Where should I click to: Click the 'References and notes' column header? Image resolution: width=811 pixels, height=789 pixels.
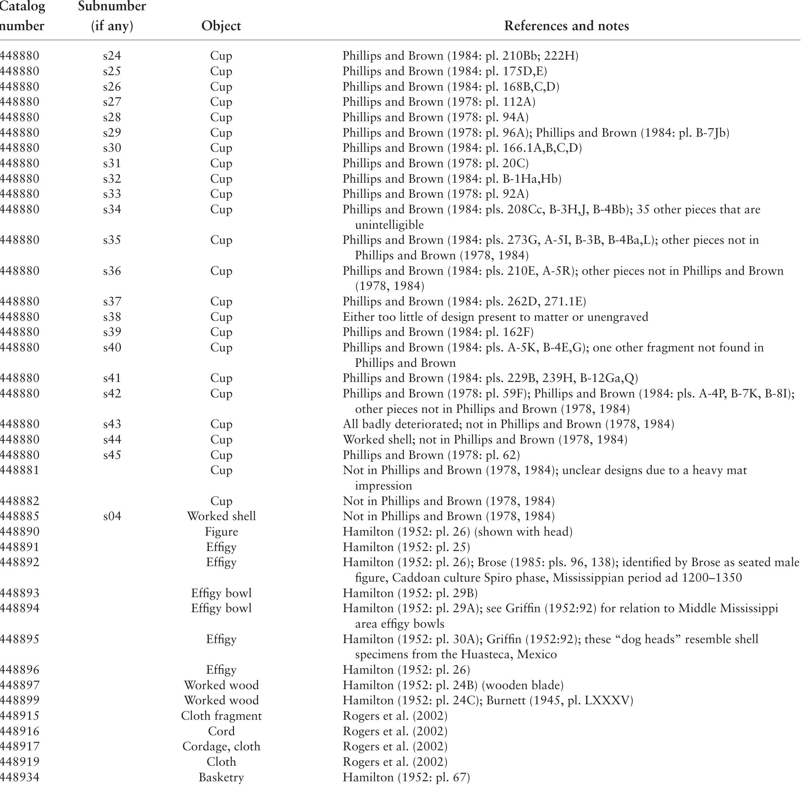(566, 26)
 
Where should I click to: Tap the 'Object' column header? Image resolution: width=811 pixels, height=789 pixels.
(221, 26)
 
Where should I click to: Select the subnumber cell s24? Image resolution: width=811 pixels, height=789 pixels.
(112, 56)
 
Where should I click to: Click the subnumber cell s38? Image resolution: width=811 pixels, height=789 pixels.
(112, 317)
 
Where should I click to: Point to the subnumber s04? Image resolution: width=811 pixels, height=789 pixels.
(112, 516)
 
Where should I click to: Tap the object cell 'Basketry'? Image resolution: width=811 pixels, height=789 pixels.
(221, 777)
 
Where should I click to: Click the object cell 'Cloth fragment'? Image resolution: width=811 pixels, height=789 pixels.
(221, 716)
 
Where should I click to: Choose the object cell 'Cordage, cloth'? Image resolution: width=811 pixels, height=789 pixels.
(221, 747)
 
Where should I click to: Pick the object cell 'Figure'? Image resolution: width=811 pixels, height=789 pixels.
(221, 532)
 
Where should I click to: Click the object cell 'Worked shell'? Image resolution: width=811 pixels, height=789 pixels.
(221, 516)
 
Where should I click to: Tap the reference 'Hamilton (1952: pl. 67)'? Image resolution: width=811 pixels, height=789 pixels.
(406, 777)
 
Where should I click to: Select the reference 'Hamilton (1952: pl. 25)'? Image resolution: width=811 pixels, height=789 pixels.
(406, 547)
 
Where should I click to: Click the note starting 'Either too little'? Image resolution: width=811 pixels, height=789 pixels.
(495, 317)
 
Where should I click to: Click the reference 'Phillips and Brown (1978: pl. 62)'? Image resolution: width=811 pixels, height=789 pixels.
(431, 455)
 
